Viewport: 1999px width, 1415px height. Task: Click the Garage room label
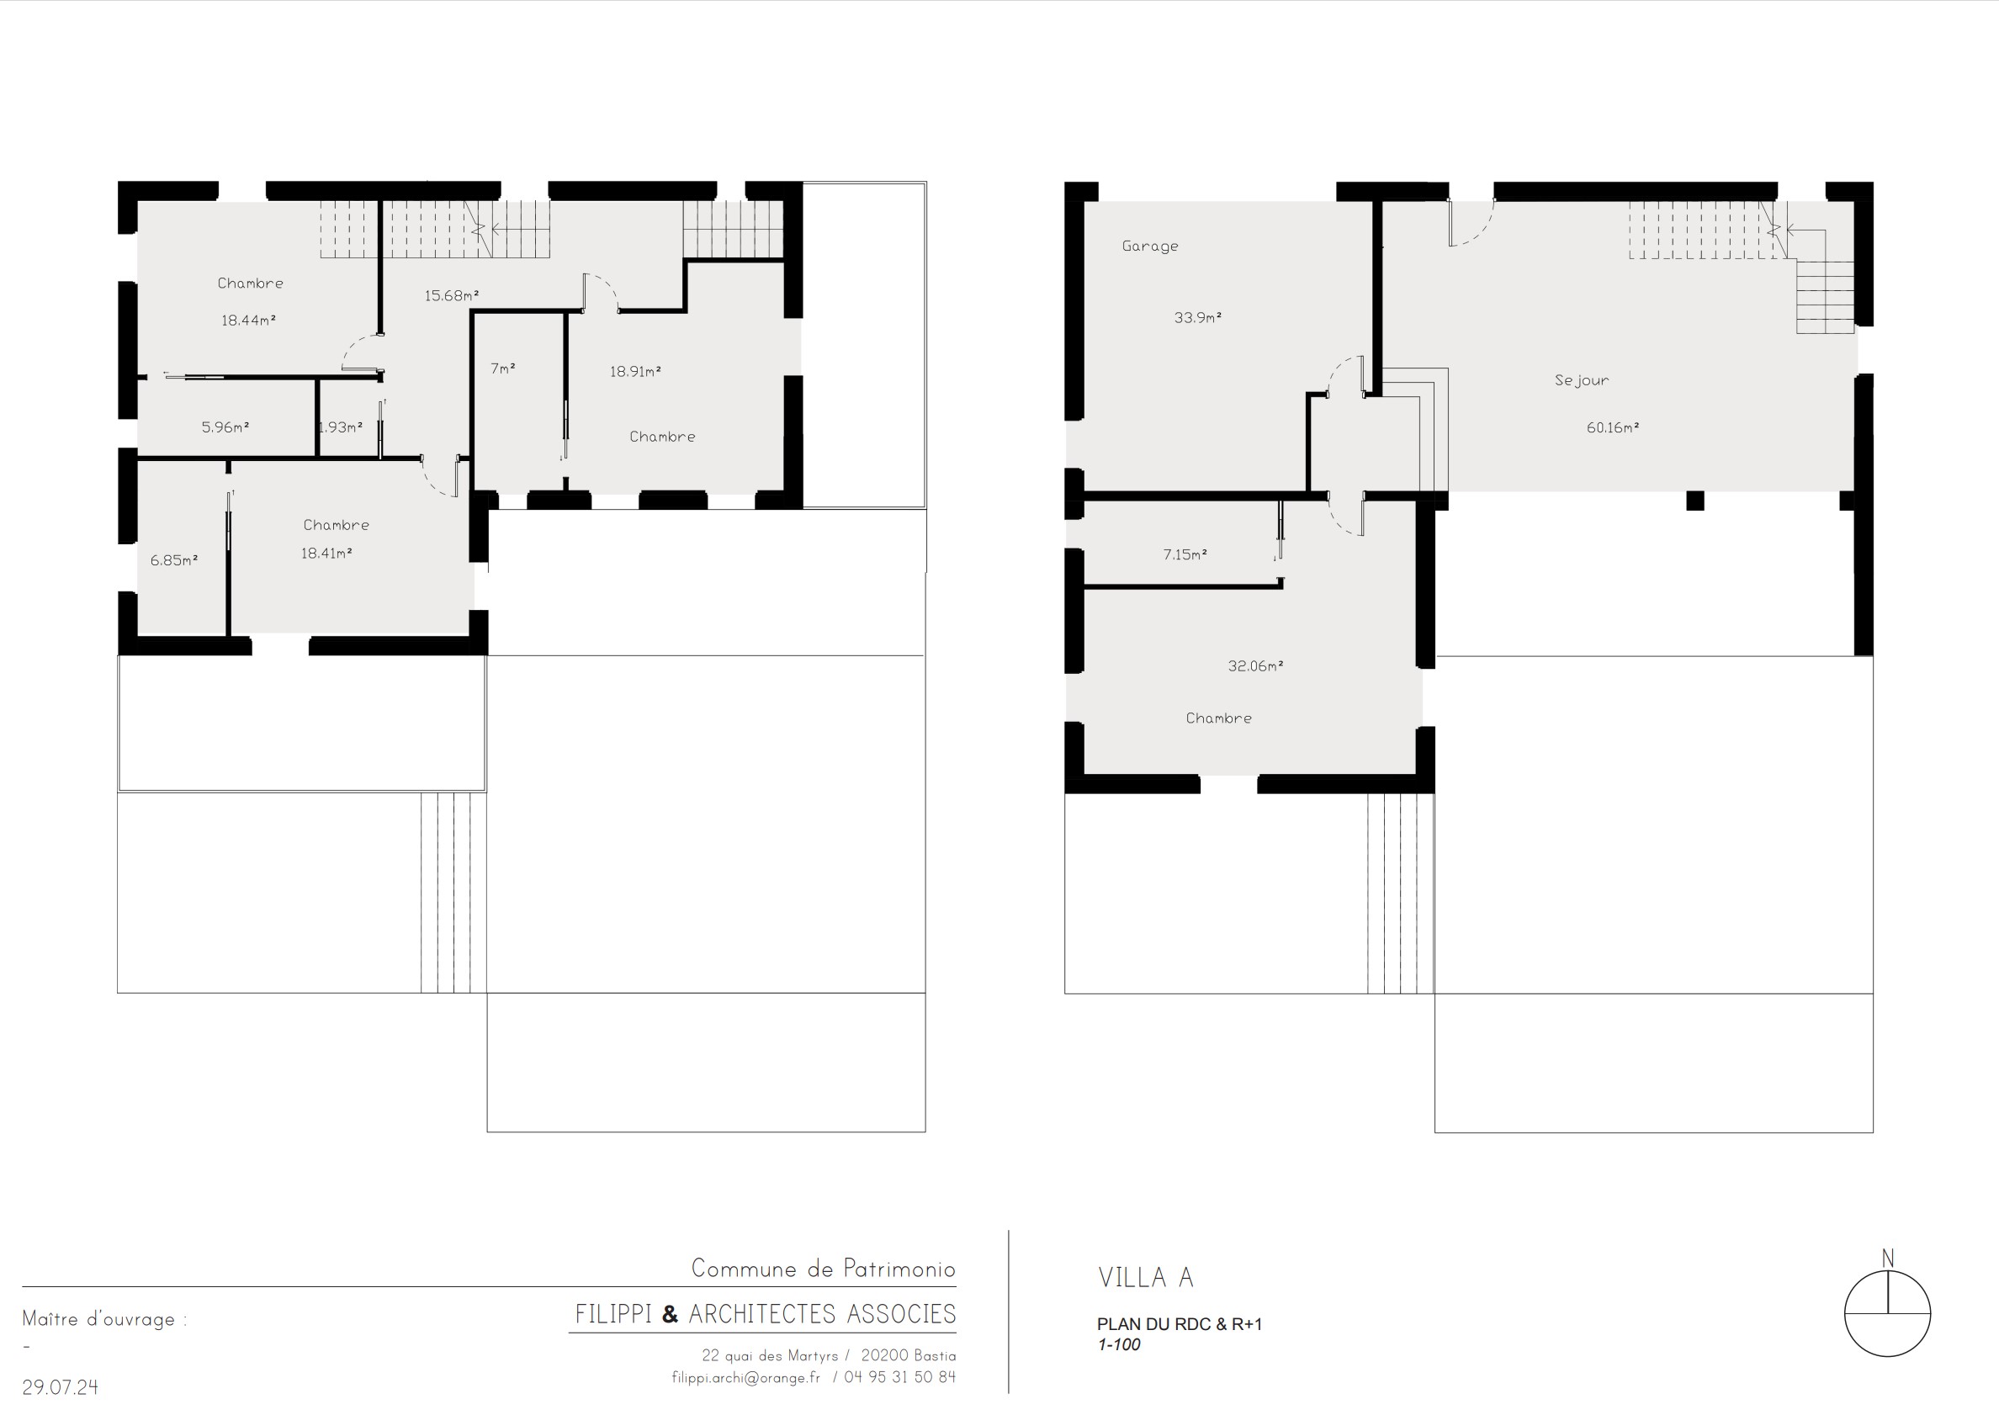[1150, 246]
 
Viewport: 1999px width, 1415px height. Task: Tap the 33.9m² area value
[1198, 318]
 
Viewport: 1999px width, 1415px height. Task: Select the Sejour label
[1582, 381]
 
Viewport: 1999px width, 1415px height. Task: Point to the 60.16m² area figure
[1613, 428]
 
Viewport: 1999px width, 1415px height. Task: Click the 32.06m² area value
[1257, 666]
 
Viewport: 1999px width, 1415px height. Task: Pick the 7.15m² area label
[1185, 555]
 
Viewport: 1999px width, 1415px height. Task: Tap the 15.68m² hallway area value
[453, 296]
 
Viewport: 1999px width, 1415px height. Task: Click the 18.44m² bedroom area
[249, 321]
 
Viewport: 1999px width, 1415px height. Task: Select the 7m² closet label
[503, 369]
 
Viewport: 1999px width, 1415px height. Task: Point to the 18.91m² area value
[635, 372]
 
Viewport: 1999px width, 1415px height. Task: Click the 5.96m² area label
[225, 428]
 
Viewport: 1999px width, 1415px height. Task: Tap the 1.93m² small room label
[341, 428]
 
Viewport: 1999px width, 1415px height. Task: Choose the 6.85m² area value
[174, 561]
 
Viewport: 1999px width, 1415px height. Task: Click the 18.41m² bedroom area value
[326, 554]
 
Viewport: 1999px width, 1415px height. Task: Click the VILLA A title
[1146, 1278]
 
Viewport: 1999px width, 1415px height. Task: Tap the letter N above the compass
[1887, 1259]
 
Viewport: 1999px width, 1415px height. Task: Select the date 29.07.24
[60, 1387]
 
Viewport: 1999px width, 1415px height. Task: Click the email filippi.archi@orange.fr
[746, 1377]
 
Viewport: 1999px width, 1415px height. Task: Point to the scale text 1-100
[1119, 1344]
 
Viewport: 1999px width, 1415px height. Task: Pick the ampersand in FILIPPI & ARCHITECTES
[670, 1314]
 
